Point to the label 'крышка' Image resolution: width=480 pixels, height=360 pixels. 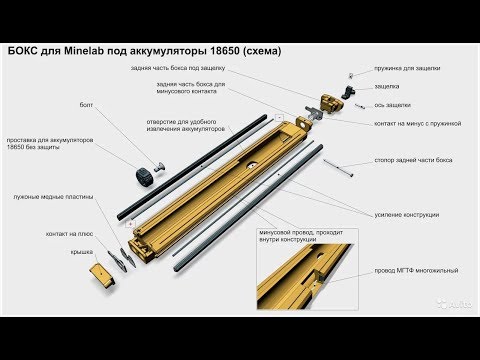(82, 252)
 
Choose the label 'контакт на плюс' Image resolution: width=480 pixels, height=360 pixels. (69, 233)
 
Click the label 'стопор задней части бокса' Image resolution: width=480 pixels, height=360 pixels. (413, 159)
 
